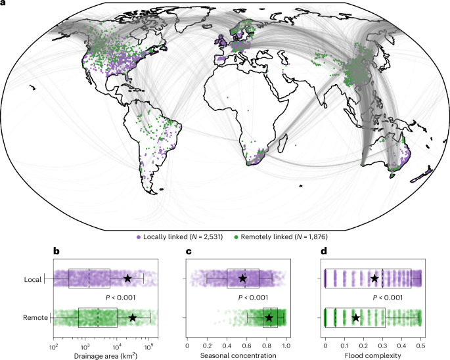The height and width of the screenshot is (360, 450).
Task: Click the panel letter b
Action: pos(56,250)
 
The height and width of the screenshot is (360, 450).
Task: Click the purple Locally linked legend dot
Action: pos(139,236)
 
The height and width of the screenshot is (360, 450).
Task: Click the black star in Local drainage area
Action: pos(127,279)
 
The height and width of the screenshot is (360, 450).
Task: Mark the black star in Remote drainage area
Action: pos(133,318)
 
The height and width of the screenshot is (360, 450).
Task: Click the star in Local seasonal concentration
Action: pos(242,279)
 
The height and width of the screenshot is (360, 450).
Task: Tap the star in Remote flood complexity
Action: pos(356,318)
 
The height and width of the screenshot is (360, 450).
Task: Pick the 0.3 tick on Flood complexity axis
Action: pos(383,342)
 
